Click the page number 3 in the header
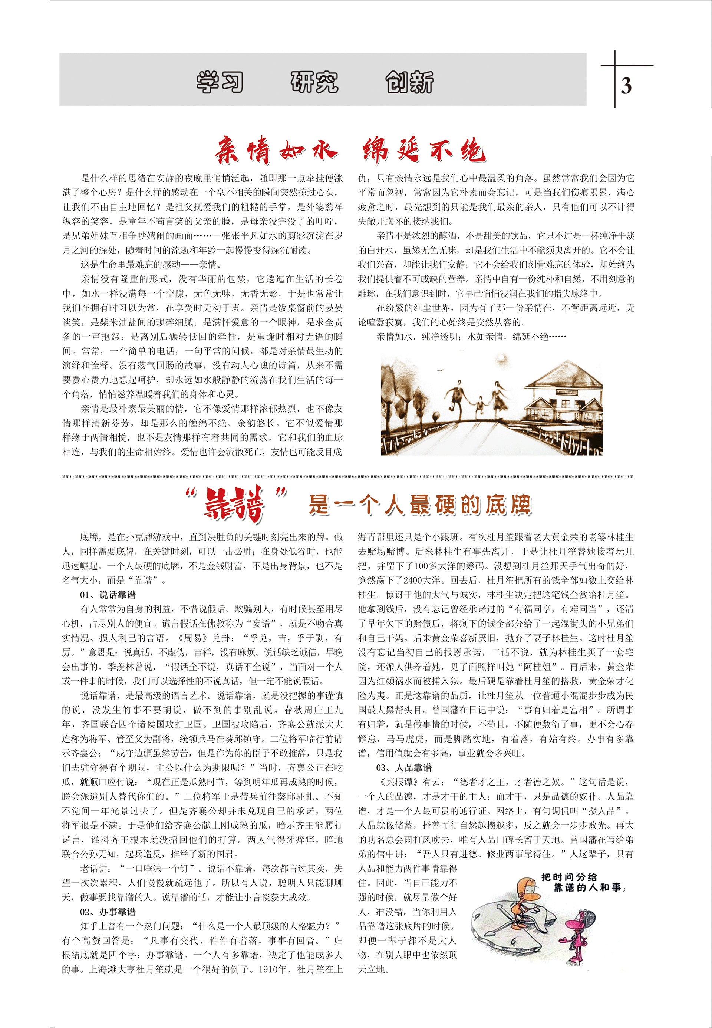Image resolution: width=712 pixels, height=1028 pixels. click(626, 86)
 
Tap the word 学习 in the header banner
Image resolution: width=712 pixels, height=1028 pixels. click(220, 82)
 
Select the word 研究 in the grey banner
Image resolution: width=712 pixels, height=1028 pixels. click(314, 82)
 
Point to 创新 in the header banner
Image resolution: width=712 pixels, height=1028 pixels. click(409, 82)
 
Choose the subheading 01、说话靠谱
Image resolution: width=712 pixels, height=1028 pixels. click(108, 595)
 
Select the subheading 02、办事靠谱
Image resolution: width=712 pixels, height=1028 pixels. click(108, 911)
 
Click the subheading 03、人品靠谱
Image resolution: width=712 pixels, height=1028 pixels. click(404, 767)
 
